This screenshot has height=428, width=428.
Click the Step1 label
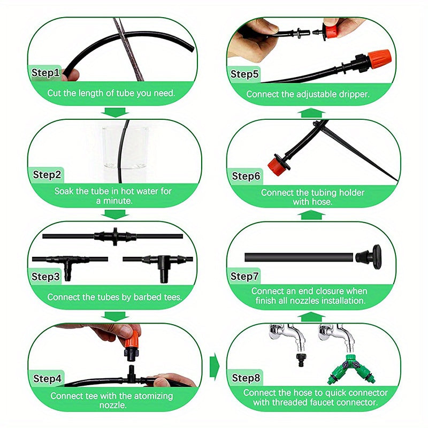47,72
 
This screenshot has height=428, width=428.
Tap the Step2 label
47,174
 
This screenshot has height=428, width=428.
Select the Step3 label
46,277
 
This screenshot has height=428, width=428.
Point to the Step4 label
48,378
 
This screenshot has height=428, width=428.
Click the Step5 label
245,74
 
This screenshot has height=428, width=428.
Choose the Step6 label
246,176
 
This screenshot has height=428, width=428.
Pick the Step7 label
245,277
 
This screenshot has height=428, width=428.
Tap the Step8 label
246,378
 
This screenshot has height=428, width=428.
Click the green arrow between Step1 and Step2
115,112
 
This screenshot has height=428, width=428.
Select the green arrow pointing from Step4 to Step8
214,366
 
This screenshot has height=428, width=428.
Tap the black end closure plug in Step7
370,256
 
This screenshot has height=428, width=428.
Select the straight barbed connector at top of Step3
113,236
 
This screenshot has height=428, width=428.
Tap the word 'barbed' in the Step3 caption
147,296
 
